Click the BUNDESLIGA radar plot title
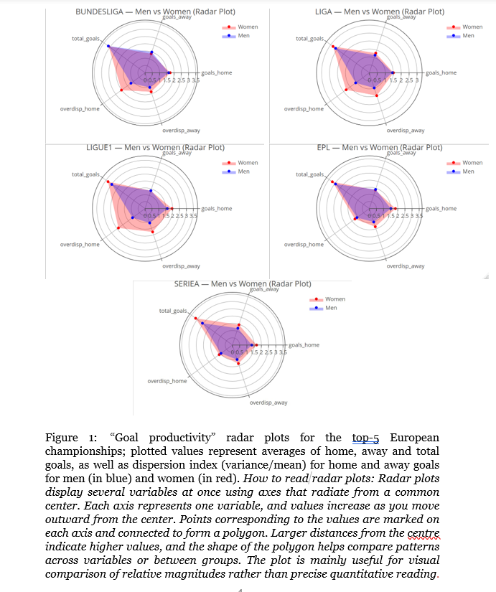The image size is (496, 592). tap(155, 12)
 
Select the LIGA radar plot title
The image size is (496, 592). tap(379, 12)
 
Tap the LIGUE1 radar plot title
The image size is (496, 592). tap(155, 148)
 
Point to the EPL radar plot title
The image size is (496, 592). tap(380, 148)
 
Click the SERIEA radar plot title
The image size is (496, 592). tap(242, 284)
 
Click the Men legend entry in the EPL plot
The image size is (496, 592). tap(469, 172)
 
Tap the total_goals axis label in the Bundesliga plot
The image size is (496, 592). tap(85, 38)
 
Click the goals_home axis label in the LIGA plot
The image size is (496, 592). tap(440, 72)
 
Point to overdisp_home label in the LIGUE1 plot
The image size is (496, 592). tap(80, 245)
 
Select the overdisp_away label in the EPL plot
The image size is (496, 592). tap(405, 266)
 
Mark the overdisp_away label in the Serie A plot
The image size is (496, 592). tap(268, 403)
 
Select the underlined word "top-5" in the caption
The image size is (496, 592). tap(365, 438)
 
